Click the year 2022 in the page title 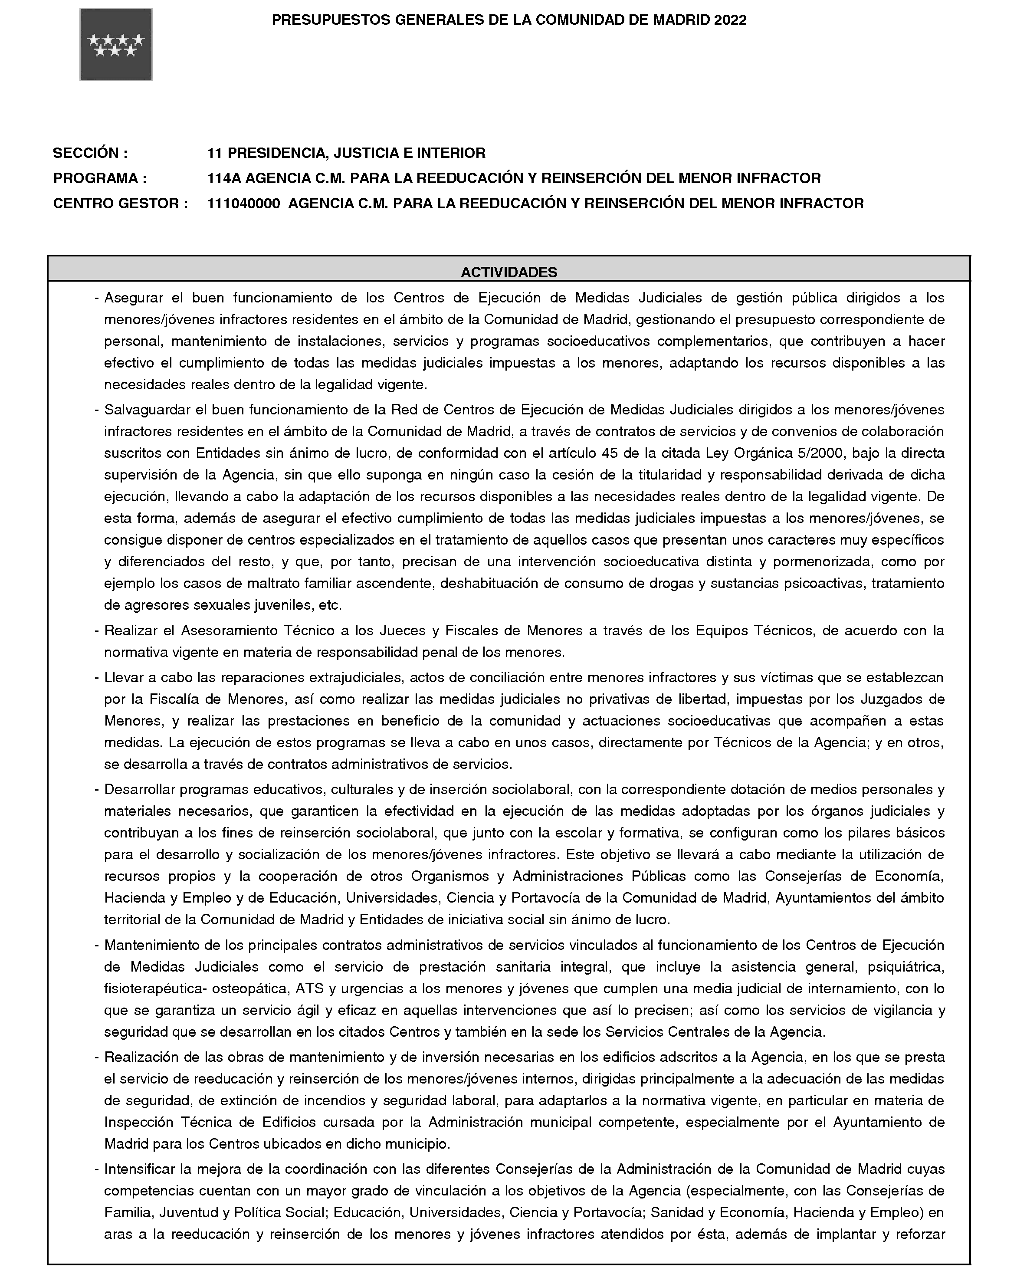point(730,20)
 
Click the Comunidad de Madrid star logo point(116,45)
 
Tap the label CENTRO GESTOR point(120,204)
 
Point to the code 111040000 point(243,204)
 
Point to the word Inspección point(139,1122)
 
